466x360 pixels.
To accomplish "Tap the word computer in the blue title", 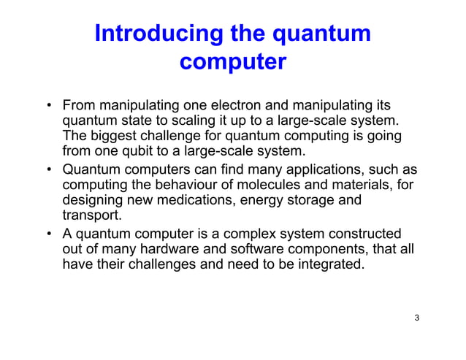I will [232, 62].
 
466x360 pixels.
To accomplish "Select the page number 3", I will [416, 318].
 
